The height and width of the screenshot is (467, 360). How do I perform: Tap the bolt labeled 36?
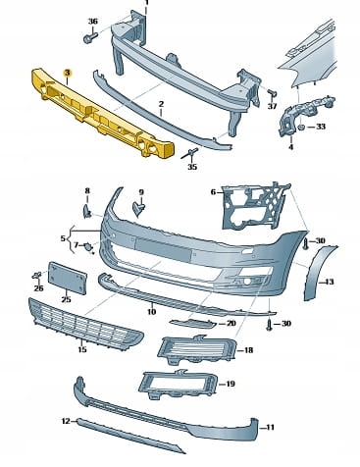tap(90, 37)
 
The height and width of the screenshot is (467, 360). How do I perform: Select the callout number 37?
tap(272, 106)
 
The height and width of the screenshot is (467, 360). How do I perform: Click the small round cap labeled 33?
tap(302, 127)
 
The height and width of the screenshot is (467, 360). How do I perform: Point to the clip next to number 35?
tap(190, 153)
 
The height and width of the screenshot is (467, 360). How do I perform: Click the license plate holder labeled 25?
tap(68, 278)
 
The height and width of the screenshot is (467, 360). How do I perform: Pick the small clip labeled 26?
tap(37, 275)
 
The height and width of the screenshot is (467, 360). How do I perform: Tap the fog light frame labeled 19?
tap(179, 385)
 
